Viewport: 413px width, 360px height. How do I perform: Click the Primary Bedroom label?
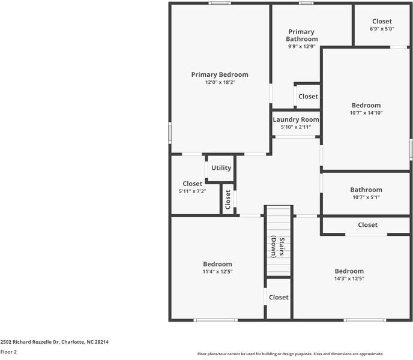tap(220, 75)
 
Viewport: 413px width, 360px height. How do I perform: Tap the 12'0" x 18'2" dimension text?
tap(220, 82)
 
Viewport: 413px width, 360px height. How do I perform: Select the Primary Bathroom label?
tap(302, 35)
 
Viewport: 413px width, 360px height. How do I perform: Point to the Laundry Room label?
tap(296, 119)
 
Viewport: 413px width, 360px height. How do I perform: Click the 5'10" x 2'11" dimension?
tap(296, 127)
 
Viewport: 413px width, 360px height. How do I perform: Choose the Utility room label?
tap(222, 168)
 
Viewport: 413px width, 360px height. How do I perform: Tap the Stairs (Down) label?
tap(278, 247)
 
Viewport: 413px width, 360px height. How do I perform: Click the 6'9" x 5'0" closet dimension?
tap(382, 29)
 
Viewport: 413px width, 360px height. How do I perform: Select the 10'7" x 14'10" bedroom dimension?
tap(366, 113)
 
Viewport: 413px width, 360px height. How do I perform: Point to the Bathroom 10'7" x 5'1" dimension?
tap(366, 197)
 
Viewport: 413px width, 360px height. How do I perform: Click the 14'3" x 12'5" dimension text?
tap(349, 278)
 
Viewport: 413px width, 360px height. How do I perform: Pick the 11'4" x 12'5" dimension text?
tap(217, 271)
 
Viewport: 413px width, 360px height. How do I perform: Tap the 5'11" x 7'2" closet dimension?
tap(192, 191)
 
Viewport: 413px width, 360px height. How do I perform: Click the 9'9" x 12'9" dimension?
tap(302, 46)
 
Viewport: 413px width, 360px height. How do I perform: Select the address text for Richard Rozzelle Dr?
tap(54, 342)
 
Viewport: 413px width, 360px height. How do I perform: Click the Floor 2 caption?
tap(8, 352)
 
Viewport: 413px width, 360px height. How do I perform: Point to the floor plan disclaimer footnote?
tap(291, 353)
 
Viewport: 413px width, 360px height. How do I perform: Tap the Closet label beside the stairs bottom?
tap(279, 298)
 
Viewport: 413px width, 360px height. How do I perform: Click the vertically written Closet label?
tap(228, 199)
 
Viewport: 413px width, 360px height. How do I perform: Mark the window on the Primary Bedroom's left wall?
tap(170, 133)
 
